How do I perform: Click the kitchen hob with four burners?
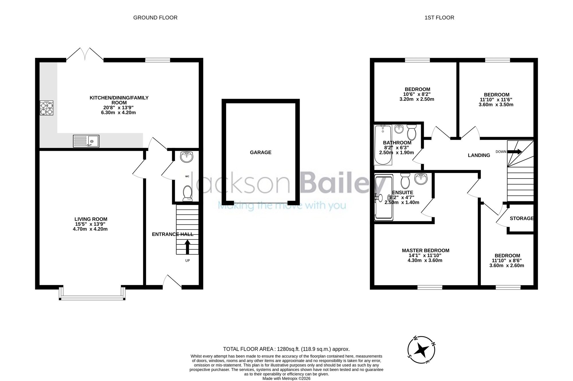(x=46, y=108)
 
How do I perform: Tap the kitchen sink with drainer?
(x=86, y=141)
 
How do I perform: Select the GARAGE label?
(x=260, y=153)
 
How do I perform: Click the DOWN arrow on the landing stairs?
(x=515, y=152)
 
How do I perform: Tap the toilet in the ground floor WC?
(x=187, y=192)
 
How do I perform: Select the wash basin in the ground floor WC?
(x=187, y=157)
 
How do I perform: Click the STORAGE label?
(x=522, y=218)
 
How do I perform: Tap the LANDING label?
(x=479, y=155)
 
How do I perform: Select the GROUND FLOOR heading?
(x=155, y=18)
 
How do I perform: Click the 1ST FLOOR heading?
(x=439, y=18)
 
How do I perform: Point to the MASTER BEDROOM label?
(x=425, y=250)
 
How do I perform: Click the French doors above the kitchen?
(x=85, y=54)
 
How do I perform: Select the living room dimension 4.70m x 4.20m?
(x=90, y=229)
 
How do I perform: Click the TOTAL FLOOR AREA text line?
(x=286, y=349)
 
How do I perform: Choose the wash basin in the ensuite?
(x=421, y=179)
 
